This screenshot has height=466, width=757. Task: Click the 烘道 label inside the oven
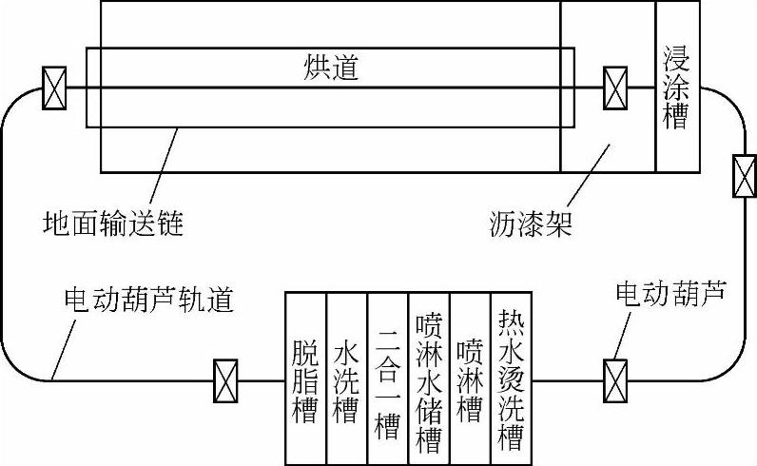(x=331, y=68)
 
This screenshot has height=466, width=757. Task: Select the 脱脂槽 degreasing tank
(x=306, y=379)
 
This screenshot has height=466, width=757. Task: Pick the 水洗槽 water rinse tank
(x=346, y=379)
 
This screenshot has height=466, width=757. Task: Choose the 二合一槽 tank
(x=387, y=379)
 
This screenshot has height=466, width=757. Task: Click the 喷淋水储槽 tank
(x=428, y=379)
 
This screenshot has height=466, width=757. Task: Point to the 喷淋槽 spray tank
(x=469, y=379)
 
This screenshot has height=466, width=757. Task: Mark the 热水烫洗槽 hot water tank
(x=511, y=379)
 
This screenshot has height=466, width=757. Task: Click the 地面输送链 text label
(x=112, y=224)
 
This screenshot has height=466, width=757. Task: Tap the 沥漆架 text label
(x=528, y=224)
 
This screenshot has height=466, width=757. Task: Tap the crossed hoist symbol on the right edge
(x=744, y=176)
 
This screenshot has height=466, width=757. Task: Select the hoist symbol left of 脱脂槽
(x=225, y=379)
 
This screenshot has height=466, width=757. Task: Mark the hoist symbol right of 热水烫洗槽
(x=616, y=379)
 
